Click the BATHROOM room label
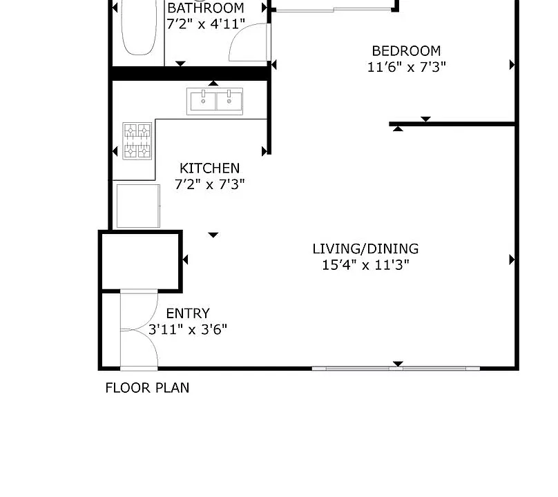click(x=206, y=8)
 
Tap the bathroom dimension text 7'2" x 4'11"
click(x=206, y=24)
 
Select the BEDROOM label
click(x=406, y=51)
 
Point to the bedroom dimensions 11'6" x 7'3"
click(x=406, y=67)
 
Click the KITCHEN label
click(x=210, y=168)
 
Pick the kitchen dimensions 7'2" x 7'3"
click(x=210, y=184)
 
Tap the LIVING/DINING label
click(x=365, y=248)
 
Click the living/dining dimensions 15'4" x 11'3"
click(x=365, y=265)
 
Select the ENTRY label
click(x=188, y=313)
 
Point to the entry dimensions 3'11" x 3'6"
click(x=188, y=329)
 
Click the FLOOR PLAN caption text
click(x=147, y=388)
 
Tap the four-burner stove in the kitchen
click(x=137, y=141)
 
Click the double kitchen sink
click(x=215, y=101)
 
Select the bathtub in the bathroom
click(x=139, y=27)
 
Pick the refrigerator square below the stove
click(x=138, y=206)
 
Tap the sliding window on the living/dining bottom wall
click(x=396, y=368)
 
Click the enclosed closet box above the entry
click(x=141, y=262)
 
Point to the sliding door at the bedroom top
click(x=334, y=10)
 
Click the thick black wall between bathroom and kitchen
click(x=190, y=73)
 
